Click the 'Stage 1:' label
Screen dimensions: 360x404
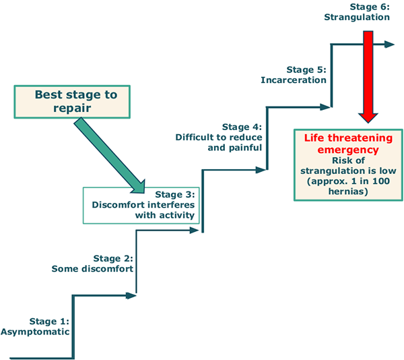[49, 320]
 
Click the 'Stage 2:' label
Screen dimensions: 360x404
[113, 258]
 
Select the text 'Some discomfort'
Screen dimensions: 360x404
[92, 268]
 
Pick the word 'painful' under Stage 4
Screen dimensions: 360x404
[245, 148]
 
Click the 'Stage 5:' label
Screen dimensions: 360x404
[306, 69]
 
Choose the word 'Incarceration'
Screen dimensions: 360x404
[294, 80]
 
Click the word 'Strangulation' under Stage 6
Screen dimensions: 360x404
[357, 17]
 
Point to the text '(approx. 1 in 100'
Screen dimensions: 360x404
[343, 181]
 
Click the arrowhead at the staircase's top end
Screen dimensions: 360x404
[389, 44]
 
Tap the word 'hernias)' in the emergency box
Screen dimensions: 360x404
[343, 192]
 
